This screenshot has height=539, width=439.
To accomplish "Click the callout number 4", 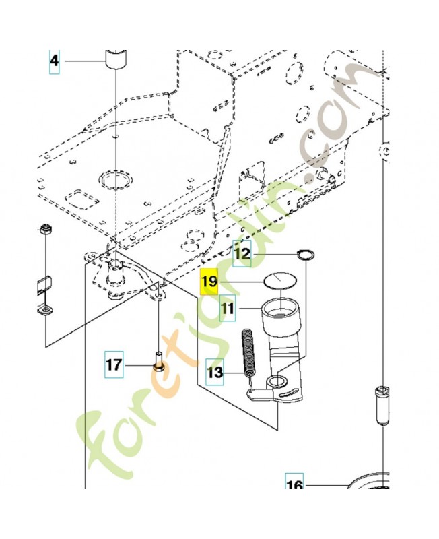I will point(54,62).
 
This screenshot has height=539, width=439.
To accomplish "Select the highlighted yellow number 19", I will point(209,282).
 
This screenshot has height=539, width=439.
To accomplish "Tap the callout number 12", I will point(242,254).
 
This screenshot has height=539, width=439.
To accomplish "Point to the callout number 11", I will point(228,309).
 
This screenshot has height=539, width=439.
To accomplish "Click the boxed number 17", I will point(114,366).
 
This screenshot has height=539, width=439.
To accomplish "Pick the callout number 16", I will point(295,485).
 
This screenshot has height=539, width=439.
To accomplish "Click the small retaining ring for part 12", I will point(306,255).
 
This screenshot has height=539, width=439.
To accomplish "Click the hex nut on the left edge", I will point(46,229).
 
